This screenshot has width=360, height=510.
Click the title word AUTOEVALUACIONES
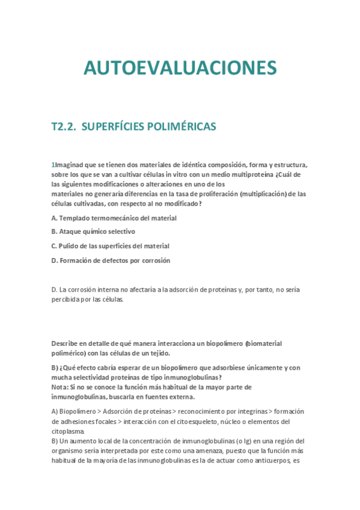click(180, 68)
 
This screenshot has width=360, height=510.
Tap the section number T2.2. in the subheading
click(64, 127)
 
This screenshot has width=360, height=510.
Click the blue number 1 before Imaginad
click(52, 165)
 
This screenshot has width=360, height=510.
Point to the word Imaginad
click(69, 165)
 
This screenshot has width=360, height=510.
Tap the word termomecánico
click(117, 218)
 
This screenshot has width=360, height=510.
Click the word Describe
click(66, 343)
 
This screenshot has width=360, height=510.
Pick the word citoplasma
click(68, 431)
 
